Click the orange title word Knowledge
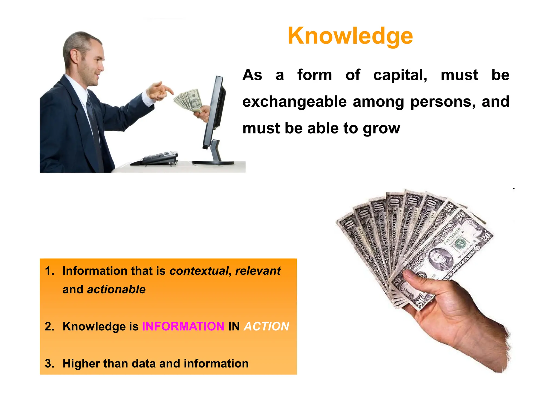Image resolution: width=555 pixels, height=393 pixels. coord(350,36)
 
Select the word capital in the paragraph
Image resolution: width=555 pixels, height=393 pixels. coord(400,75)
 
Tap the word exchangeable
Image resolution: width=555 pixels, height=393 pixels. coord(294,102)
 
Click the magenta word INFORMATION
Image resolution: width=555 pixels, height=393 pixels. coord(183,326)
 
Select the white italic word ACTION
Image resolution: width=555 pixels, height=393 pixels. coord(266,326)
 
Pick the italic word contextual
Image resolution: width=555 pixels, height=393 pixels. coord(199,271)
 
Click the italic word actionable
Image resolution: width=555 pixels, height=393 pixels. coord(116,289)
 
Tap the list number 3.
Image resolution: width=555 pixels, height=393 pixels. coord(49,364)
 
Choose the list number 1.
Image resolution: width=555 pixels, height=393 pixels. coord(49,271)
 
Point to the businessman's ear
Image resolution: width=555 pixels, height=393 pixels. coord(74,56)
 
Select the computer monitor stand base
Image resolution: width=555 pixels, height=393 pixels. coord(213,163)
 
